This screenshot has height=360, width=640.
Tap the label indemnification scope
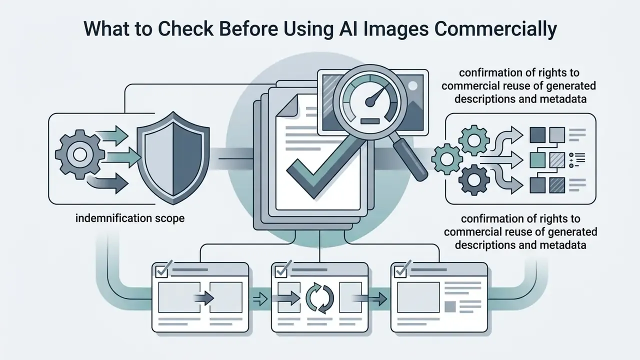point(130,218)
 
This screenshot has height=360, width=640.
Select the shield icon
point(173,157)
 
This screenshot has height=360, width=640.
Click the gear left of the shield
point(79,154)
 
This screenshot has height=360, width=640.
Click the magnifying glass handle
point(410,160)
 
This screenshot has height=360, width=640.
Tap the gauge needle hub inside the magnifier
point(370,102)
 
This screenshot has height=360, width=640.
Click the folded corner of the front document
point(287,105)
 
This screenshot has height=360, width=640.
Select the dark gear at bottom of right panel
point(474,180)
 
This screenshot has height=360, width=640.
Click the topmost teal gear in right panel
point(474,140)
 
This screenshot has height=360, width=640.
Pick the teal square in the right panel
point(537,160)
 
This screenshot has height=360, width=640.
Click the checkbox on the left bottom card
point(162,271)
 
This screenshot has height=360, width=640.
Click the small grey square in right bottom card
point(450,306)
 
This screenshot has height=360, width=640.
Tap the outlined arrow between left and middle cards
point(260,299)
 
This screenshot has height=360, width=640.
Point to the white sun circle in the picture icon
point(412,85)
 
